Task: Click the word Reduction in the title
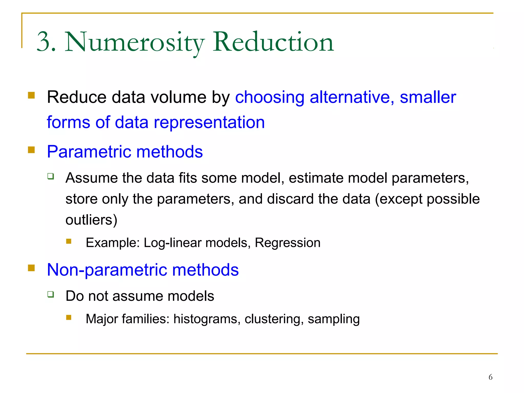[x=273, y=42]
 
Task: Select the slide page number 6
[x=490, y=377]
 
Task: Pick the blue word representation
[x=209, y=122]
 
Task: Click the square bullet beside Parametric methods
[x=31, y=150]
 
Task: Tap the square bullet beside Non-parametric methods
[x=31, y=268]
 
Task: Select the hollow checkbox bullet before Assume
[x=51, y=176]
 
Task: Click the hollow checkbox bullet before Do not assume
[x=51, y=294]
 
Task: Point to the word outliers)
[x=91, y=220]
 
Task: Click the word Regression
[x=287, y=243]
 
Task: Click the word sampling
[x=334, y=319]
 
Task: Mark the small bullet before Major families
[x=69, y=318]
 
